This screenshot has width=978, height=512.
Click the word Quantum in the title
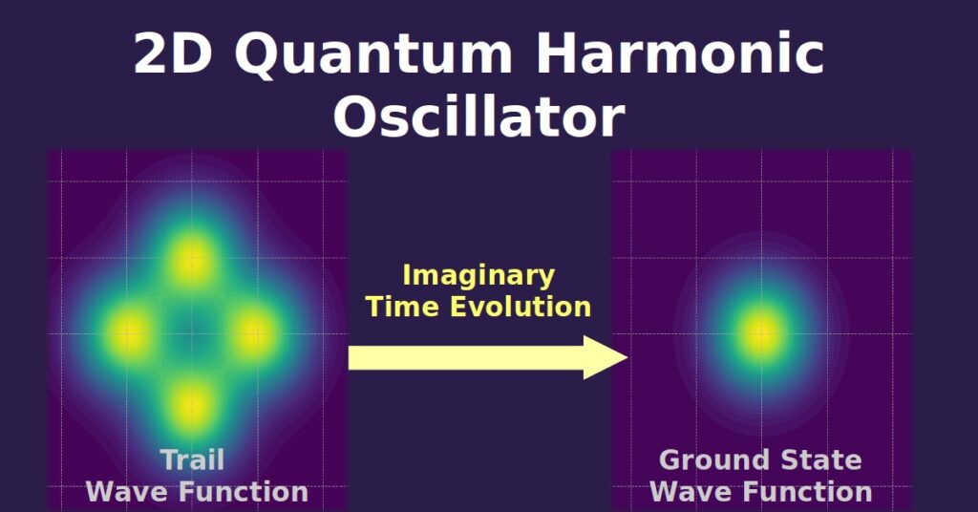point(373,53)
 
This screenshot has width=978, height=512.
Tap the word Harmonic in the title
point(680,53)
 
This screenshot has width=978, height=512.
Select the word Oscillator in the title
point(479,117)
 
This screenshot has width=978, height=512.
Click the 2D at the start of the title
point(173,53)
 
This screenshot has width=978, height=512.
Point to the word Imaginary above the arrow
point(478,276)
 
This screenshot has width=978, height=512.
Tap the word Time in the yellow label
point(404,307)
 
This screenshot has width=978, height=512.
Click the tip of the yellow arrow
point(627,357)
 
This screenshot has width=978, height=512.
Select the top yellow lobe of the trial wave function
point(191,260)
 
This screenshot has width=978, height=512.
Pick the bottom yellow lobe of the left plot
point(191,405)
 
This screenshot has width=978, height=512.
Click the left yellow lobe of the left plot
point(129,333)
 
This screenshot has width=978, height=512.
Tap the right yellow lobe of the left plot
point(254,333)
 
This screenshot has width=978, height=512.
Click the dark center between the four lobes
point(191,333)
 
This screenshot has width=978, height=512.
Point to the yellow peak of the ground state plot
point(761,333)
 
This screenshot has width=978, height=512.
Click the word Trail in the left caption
point(192,459)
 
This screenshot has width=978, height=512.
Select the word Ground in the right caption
point(711,460)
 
